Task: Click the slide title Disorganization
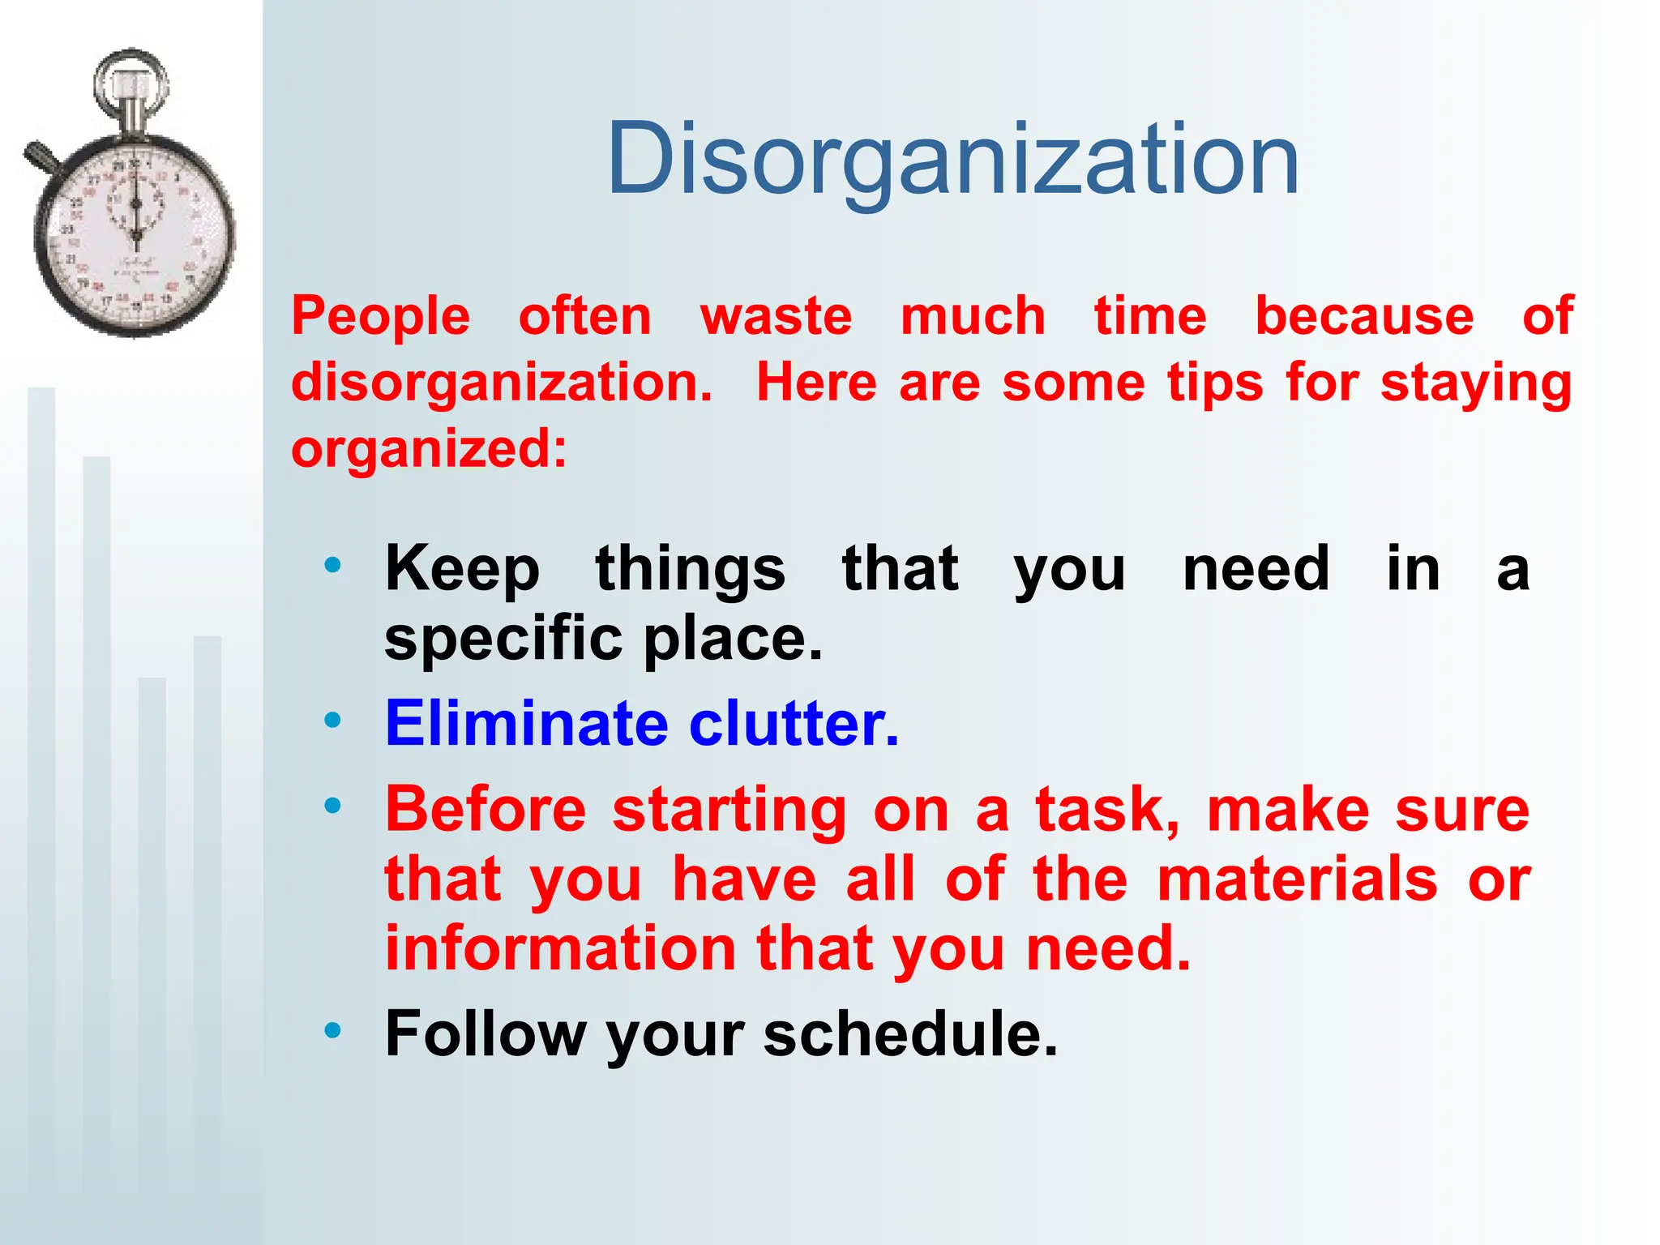pos(953,159)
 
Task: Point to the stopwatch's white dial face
pos(135,235)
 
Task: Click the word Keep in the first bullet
pos(462,569)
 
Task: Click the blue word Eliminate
pos(526,723)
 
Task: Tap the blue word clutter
pos(794,723)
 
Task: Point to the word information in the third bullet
pos(560,948)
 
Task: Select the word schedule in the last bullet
pos(909,1033)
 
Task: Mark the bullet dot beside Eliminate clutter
pos(332,720)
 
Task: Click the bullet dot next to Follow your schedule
pos(332,1030)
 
